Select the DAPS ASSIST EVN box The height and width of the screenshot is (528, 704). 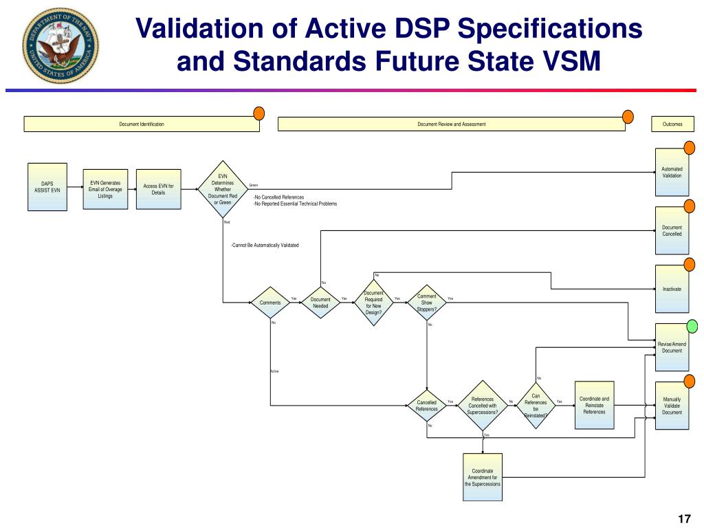[47, 186]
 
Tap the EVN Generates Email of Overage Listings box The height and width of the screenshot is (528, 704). [105, 189]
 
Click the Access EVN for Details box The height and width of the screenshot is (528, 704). [158, 189]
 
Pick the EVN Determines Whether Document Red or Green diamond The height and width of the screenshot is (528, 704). [223, 189]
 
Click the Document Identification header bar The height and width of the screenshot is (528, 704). [142, 124]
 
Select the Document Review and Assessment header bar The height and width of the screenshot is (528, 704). [451, 124]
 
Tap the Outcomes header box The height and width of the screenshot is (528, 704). [672, 124]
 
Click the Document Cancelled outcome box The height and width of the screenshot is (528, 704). [672, 230]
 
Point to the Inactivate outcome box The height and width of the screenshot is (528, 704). [672, 289]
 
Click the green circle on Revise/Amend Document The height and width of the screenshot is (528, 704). [690, 326]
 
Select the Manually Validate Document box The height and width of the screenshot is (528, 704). [672, 406]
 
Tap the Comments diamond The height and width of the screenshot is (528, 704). [270, 302]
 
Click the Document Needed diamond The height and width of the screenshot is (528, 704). [320, 302]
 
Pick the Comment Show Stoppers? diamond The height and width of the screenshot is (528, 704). [426, 302]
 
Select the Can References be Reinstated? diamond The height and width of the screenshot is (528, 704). [536, 406]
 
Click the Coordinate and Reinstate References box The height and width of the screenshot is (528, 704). [594, 405]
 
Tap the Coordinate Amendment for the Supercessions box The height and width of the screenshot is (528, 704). [483, 476]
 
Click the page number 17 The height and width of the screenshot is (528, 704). [683, 518]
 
